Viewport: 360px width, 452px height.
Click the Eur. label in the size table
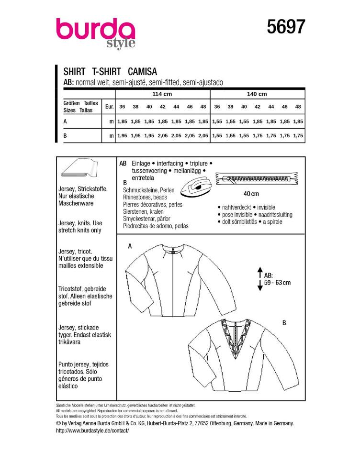[109, 107]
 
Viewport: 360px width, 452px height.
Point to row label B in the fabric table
[65, 136]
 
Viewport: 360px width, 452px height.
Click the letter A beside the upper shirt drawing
[129, 246]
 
